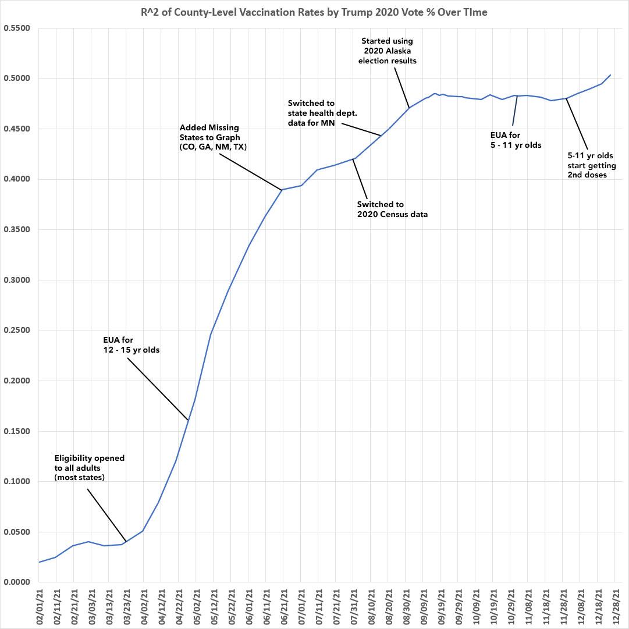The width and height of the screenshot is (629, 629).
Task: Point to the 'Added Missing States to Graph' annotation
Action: click(213, 137)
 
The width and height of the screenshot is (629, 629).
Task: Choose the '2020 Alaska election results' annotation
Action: click(389, 51)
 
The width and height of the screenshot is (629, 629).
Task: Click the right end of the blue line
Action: click(610, 74)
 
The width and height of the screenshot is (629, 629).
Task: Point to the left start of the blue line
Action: click(39, 562)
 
